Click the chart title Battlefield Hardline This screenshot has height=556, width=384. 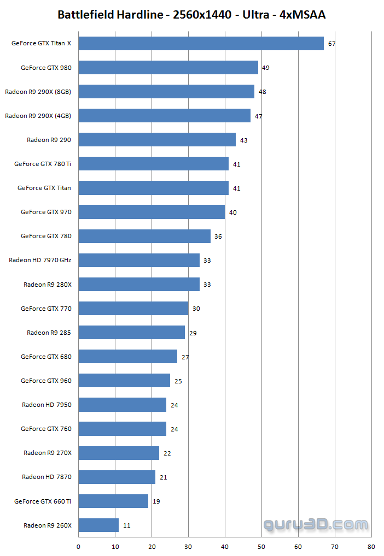pos(191,15)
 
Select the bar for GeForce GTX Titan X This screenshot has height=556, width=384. pos(201,44)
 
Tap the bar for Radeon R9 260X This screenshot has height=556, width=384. pos(98,525)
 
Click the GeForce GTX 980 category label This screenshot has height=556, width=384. pos(46,68)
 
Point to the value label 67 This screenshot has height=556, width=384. pos(331,44)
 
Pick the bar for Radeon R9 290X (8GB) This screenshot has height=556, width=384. pos(166,92)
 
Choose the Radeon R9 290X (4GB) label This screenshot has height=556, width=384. pos(38,116)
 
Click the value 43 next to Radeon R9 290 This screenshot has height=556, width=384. pos(244,140)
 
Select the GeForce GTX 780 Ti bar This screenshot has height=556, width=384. pos(153,164)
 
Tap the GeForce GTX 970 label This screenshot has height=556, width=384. pos(46,212)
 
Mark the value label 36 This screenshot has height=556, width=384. pos(218,236)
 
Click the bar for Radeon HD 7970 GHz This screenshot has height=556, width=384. pos(139,261)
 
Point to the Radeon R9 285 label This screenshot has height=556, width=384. pos(49,333)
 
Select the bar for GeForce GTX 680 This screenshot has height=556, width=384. pos(128,357)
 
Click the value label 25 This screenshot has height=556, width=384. pos(178,381)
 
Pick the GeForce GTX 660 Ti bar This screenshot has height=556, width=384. pos(113,501)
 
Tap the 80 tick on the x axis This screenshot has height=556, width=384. pos(371,546)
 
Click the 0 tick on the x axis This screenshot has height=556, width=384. pos(79,546)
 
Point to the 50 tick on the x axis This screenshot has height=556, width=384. pos(261,546)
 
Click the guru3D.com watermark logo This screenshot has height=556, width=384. pos(316,525)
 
